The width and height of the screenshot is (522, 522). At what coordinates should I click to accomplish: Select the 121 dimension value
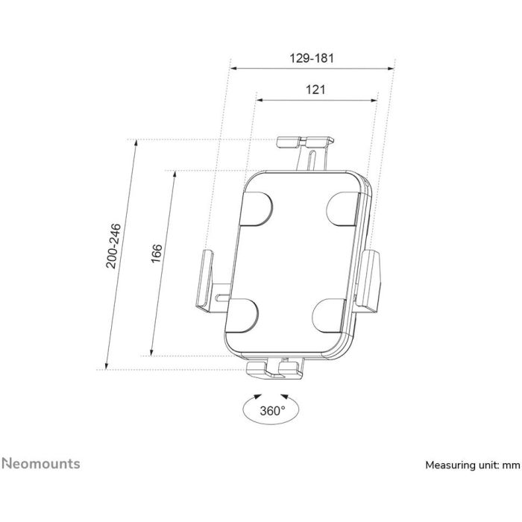pyautogui.click(x=315, y=89)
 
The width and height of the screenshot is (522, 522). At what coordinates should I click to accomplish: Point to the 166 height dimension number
pyautogui.click(x=156, y=254)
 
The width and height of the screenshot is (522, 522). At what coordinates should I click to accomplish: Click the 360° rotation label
pyautogui.click(x=273, y=411)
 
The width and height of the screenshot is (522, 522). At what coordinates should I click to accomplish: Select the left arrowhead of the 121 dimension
pyautogui.click(x=259, y=100)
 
